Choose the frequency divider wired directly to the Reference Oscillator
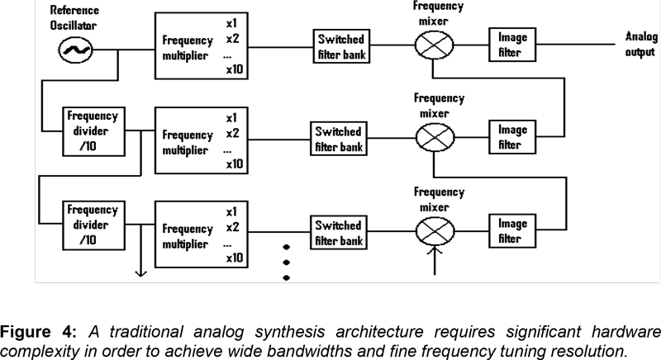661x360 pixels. coord(93,130)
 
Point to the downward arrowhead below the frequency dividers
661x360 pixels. coord(140,272)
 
